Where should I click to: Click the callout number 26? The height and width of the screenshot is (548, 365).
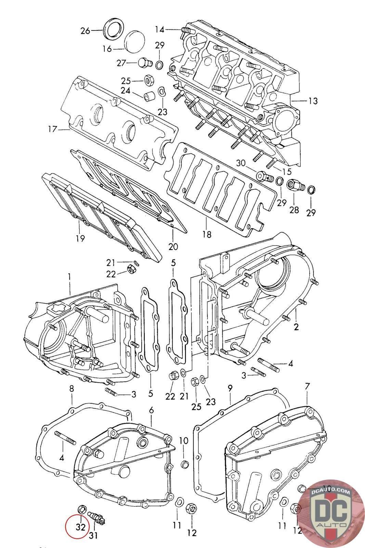[85, 31]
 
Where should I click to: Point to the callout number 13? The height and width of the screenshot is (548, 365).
[313, 101]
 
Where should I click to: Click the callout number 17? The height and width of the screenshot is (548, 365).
[52, 129]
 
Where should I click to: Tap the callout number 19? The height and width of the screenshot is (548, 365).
[80, 238]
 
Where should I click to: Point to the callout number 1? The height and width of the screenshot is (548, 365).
[69, 276]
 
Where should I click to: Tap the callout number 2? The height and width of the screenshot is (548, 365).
[296, 326]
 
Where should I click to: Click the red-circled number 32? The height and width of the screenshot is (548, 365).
[80, 527]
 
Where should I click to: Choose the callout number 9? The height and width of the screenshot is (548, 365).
[230, 388]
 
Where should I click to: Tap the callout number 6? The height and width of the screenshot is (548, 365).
[152, 410]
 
